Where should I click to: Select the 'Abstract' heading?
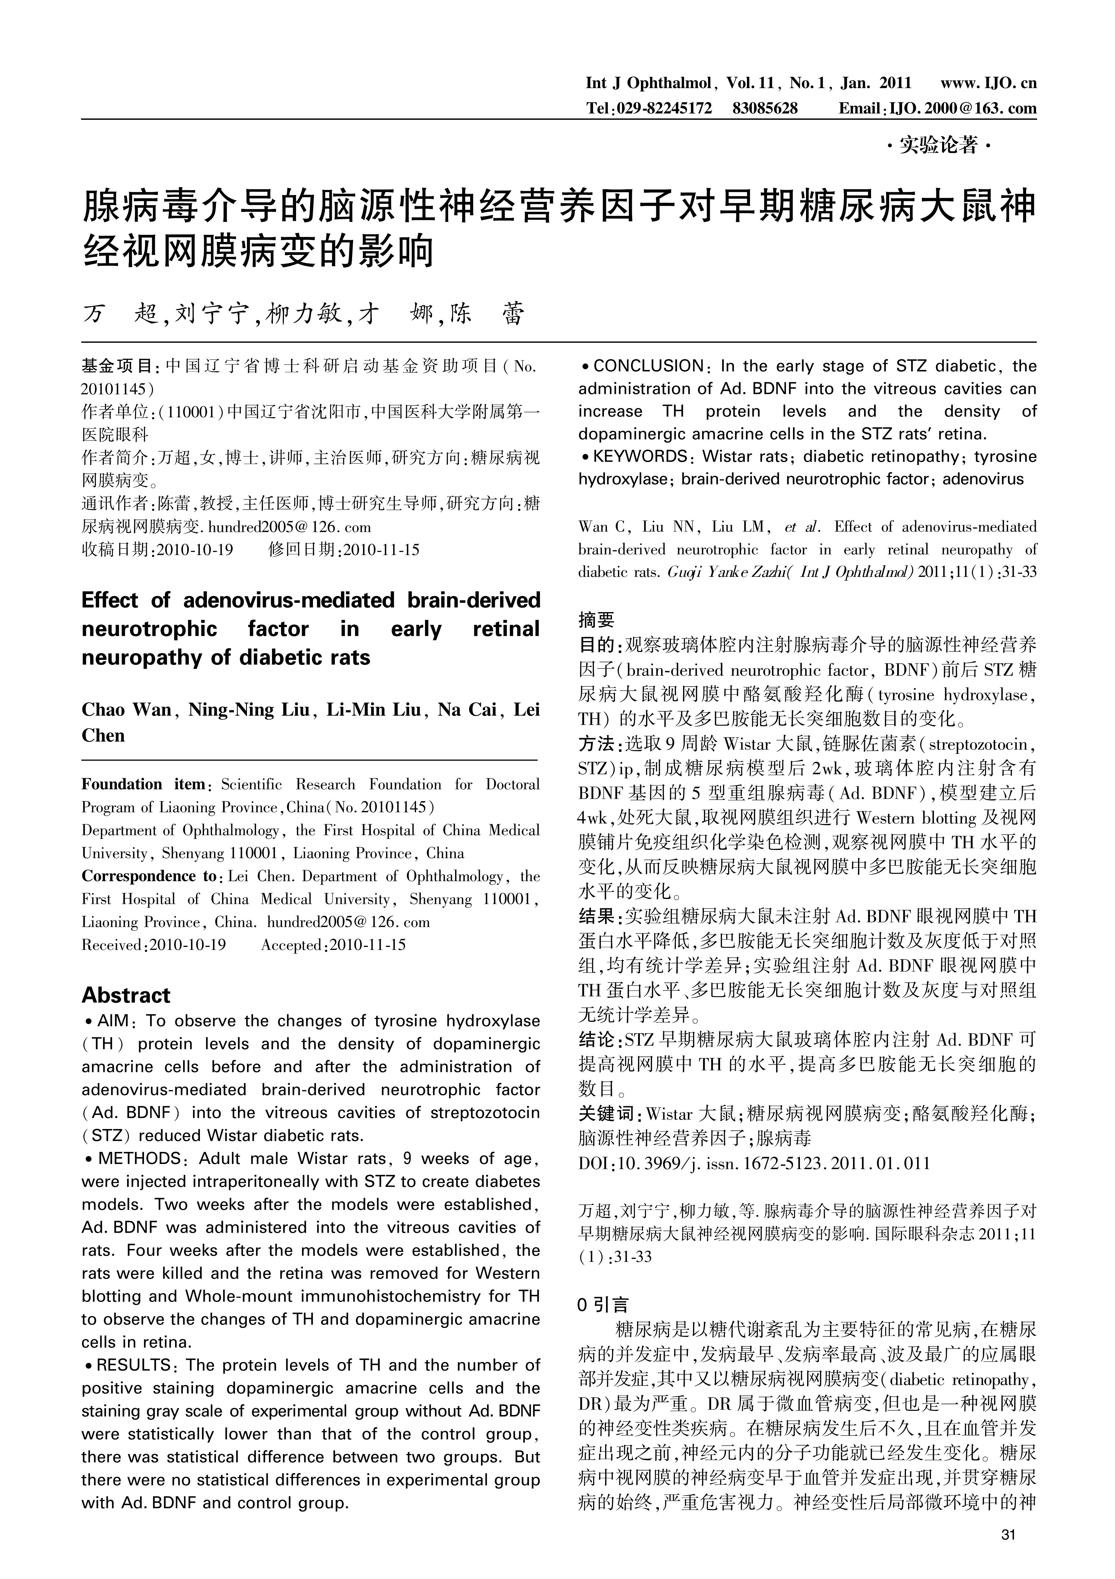(126, 995)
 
